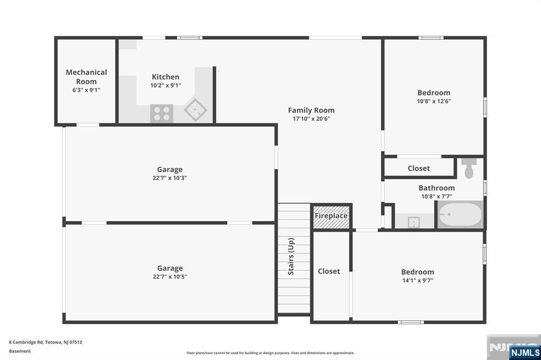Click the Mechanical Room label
(x=86, y=77)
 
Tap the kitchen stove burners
(x=162, y=113)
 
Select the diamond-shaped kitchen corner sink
(x=195, y=110)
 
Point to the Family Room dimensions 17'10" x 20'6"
(x=311, y=119)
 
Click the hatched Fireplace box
(x=331, y=217)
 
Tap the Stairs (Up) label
(x=291, y=256)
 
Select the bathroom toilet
(x=469, y=168)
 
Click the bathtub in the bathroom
(x=460, y=214)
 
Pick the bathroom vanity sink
(x=414, y=222)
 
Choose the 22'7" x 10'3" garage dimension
(x=170, y=178)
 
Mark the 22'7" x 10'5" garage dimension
(x=170, y=277)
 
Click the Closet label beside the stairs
(x=329, y=271)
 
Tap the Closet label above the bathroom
(x=419, y=168)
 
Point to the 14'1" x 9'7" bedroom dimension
(x=417, y=280)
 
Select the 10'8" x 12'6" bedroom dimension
(x=434, y=101)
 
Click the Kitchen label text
(x=165, y=77)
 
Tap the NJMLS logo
(x=525, y=352)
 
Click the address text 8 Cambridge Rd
(x=26, y=343)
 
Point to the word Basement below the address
(x=20, y=351)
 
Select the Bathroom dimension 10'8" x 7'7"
(x=436, y=196)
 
